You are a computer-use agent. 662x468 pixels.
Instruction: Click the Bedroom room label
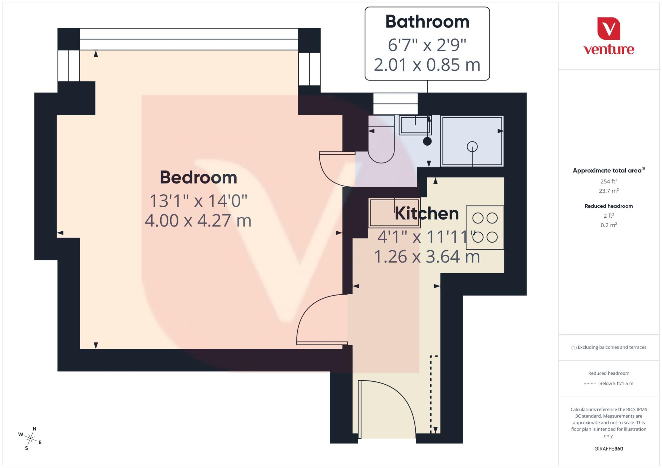(198, 178)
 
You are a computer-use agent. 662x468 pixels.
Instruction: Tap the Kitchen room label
(427, 214)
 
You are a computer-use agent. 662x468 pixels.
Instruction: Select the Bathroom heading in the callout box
(427, 22)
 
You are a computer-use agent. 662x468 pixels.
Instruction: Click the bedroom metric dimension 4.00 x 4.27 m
(198, 221)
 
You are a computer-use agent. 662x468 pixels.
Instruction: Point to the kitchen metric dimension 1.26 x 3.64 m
(427, 257)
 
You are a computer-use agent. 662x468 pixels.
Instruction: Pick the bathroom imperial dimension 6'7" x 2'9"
(427, 45)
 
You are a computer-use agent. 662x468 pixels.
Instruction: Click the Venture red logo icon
(608, 29)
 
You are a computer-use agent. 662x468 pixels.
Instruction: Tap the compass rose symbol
(30, 439)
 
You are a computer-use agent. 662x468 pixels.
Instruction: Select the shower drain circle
(472, 147)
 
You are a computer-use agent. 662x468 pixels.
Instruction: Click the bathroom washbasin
(415, 125)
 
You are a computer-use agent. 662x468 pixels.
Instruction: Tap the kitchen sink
(394, 213)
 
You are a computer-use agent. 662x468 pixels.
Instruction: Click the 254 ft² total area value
(608, 182)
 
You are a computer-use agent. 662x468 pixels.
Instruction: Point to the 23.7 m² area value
(608, 191)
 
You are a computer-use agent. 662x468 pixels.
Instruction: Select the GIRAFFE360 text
(608, 449)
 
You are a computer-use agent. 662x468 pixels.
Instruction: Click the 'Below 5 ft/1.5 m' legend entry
(616, 383)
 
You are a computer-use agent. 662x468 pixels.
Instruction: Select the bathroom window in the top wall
(395, 104)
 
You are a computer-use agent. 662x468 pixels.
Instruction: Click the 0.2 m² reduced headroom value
(608, 225)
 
